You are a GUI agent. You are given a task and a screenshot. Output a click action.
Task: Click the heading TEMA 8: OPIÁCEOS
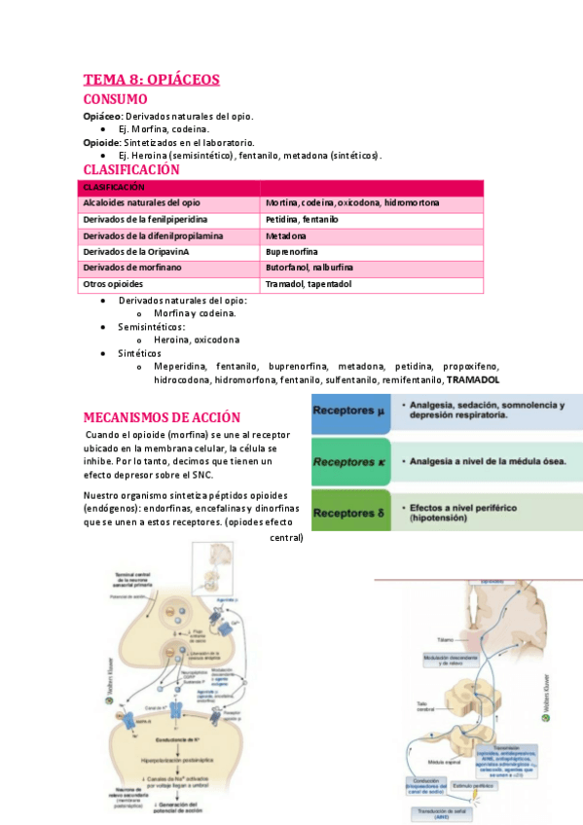[151, 80]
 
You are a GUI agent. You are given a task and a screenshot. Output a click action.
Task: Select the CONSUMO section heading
[115, 99]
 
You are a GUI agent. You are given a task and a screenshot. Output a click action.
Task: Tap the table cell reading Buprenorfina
[293, 251]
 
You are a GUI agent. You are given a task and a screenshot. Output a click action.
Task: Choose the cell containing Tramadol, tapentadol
[308, 284]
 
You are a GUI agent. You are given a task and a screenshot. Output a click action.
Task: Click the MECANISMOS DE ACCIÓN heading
[161, 417]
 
